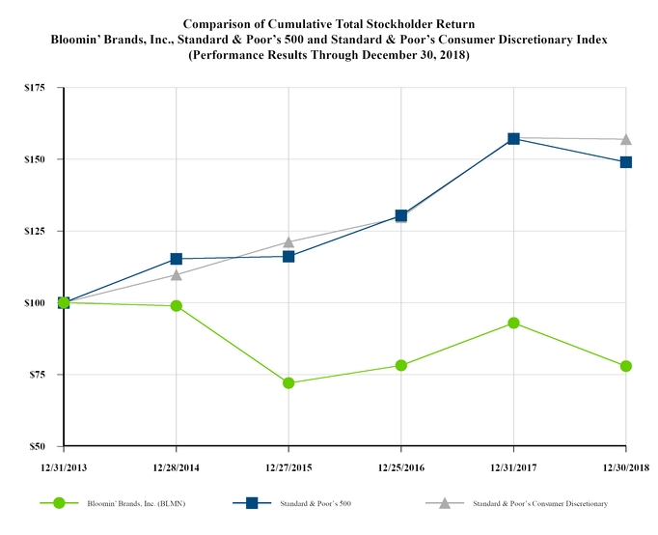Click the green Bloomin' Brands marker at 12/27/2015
pyautogui.click(x=288, y=382)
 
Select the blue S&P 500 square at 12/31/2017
pyautogui.click(x=513, y=139)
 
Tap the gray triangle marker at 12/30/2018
pyautogui.click(x=626, y=140)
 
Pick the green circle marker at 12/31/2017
pyautogui.click(x=513, y=323)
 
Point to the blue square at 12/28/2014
pyautogui.click(x=176, y=259)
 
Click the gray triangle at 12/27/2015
pyautogui.click(x=288, y=242)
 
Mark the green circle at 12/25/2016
pyautogui.click(x=401, y=365)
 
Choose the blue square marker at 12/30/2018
pyautogui.click(x=626, y=162)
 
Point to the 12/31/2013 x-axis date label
pyautogui.click(x=63, y=466)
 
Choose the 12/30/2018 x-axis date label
pyautogui.click(x=626, y=466)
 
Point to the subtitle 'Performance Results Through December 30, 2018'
pyautogui.click(x=329, y=55)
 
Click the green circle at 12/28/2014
pyautogui.click(x=176, y=306)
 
